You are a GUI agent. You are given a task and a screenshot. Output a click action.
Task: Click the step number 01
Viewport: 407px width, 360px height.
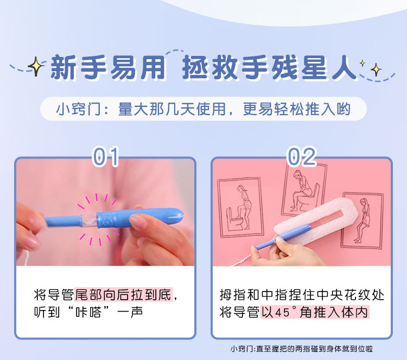pyautogui.click(x=106, y=156)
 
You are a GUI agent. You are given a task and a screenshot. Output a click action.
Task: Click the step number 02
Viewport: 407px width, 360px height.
pyautogui.click(x=302, y=156)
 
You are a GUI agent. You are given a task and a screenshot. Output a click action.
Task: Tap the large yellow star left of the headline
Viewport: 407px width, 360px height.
pyautogui.click(x=36, y=66)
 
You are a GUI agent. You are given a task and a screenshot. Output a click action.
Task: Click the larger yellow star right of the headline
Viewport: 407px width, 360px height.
pyautogui.click(x=376, y=70)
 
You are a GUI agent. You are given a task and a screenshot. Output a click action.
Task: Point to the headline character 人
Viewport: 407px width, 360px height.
pyautogui.click(x=345, y=67)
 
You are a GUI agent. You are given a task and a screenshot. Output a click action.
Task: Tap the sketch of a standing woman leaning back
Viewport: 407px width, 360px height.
pyautogui.click(x=363, y=220)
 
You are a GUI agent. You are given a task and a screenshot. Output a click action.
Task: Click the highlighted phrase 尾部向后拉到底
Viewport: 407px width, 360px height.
pyautogui.click(x=124, y=294)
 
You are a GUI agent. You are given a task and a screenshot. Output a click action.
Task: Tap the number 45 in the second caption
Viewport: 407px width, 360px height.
pyautogui.click(x=282, y=312)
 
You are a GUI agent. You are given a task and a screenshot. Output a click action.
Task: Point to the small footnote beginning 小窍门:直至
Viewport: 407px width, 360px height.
pyautogui.click(x=301, y=349)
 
